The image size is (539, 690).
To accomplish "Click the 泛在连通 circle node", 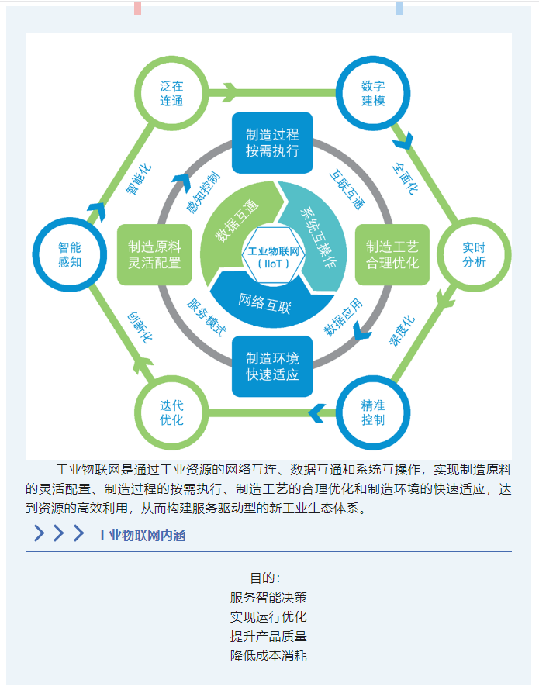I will pyautogui.click(x=172, y=93).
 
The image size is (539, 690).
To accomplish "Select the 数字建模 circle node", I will pyautogui.click(x=373, y=93).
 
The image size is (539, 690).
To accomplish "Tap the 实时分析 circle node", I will pyautogui.click(x=474, y=254).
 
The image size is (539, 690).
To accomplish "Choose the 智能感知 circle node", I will pyautogui.click(x=70, y=254).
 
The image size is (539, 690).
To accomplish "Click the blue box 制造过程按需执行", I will pyautogui.click(x=272, y=143).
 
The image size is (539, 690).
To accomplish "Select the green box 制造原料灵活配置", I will pyautogui.click(x=154, y=254).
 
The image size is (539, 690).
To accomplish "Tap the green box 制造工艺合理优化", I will pyautogui.click(x=392, y=254).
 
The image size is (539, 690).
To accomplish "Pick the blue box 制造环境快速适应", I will pyautogui.click(x=272, y=367).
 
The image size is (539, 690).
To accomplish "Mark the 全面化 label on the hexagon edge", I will pyautogui.click(x=406, y=178).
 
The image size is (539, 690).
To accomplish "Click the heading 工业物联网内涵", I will pyautogui.click(x=140, y=535).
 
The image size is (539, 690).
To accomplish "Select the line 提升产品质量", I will pyautogui.click(x=268, y=637).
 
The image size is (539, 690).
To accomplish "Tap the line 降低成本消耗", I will pyautogui.click(x=268, y=656).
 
